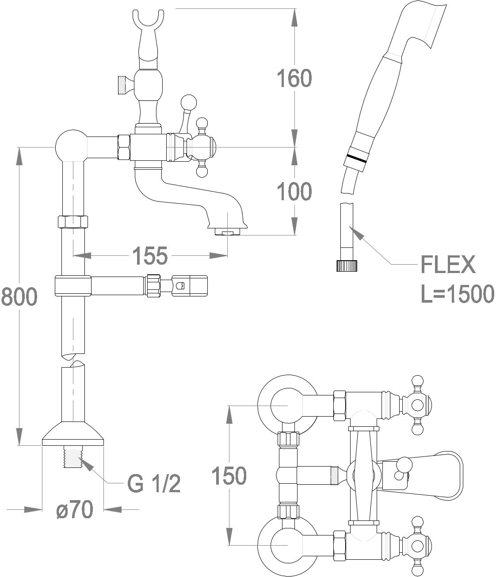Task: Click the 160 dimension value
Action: (294, 78)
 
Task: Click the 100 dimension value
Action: (294, 192)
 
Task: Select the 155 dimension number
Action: (150, 255)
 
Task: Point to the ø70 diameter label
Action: (75, 510)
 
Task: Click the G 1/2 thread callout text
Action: (154, 484)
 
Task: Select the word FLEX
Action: (448, 265)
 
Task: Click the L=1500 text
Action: (457, 294)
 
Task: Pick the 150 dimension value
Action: (229, 476)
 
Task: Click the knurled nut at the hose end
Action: (347, 266)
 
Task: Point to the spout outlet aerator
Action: (227, 232)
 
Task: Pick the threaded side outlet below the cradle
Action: (122, 85)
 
